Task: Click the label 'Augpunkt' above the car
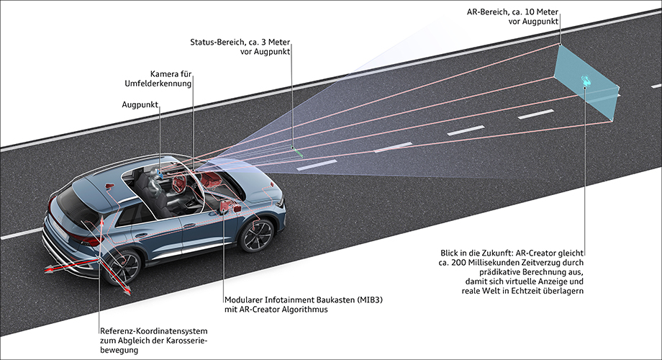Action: coord(140,104)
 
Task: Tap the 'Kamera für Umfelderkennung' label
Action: coord(158,79)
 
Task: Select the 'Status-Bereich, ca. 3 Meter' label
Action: coord(240,42)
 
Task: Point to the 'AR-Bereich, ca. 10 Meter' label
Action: coord(512,12)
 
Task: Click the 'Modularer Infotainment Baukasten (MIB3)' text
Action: coord(304,300)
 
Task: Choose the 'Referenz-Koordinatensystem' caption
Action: coord(154,331)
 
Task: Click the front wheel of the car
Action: coord(256,235)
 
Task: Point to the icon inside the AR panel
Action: coord(586,78)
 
